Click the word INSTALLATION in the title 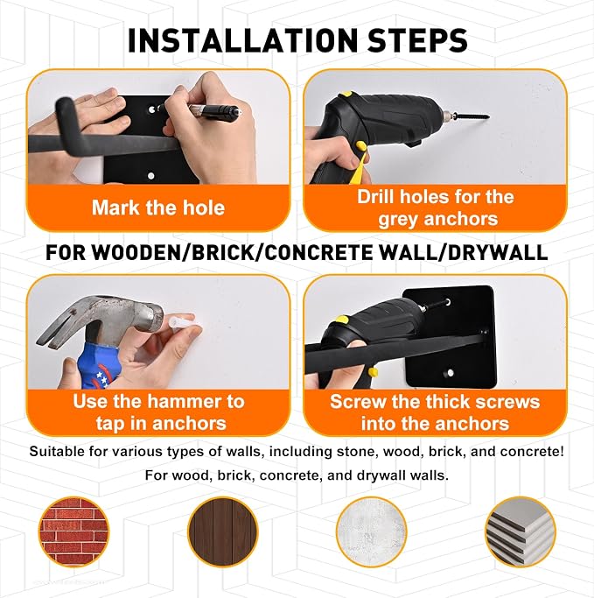[242, 40]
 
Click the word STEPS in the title [416, 40]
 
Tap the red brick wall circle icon [73, 532]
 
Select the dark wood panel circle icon [222, 532]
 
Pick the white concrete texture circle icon [371, 532]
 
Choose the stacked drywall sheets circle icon [521, 532]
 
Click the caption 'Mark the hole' [158, 208]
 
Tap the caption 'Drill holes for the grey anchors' [436, 208]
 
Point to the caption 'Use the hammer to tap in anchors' [159, 412]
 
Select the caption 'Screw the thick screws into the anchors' [435, 412]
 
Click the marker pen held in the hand [200, 110]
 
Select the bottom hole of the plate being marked [150, 176]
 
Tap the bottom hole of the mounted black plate [450, 373]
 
